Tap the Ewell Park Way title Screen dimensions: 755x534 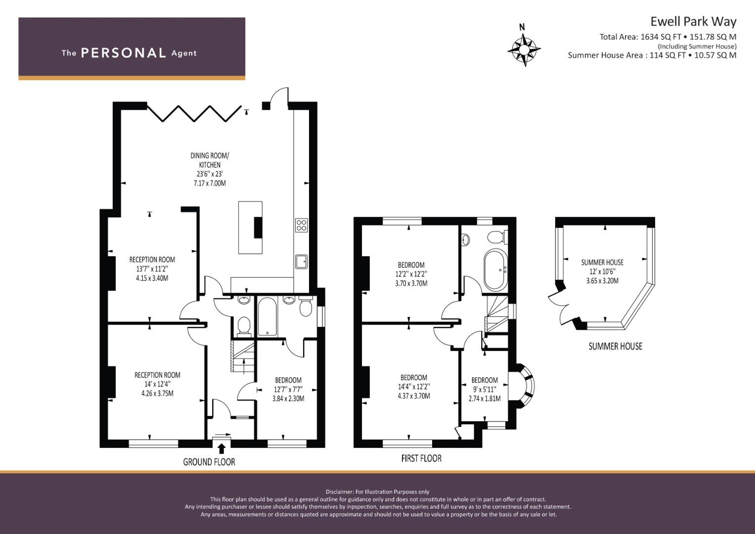pyautogui.click(x=693, y=22)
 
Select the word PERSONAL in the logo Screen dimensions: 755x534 pyautogui.click(x=124, y=53)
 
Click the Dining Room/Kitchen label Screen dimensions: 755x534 pyautogui.click(x=210, y=160)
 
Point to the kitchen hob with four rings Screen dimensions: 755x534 pyautogui.click(x=301, y=225)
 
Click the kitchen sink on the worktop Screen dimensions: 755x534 pyautogui.click(x=301, y=262)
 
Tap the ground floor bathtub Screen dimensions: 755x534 pyautogui.click(x=267, y=316)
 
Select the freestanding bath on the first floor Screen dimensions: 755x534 pyautogui.click(x=495, y=270)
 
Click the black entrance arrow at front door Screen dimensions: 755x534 pyautogui.click(x=222, y=448)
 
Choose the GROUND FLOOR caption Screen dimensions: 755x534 pyautogui.click(x=209, y=462)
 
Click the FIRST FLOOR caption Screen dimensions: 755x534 pyautogui.click(x=421, y=458)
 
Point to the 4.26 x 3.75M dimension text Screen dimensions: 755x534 pyautogui.click(x=157, y=394)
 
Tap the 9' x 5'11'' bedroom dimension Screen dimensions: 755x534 pyautogui.click(x=485, y=390)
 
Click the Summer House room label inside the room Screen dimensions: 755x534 pyautogui.click(x=602, y=262)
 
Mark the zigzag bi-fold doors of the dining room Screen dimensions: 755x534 pyautogui.click(x=194, y=113)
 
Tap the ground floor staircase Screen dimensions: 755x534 pyautogui.click(x=242, y=356)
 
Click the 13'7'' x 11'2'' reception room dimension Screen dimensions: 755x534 pyautogui.click(x=152, y=269)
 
